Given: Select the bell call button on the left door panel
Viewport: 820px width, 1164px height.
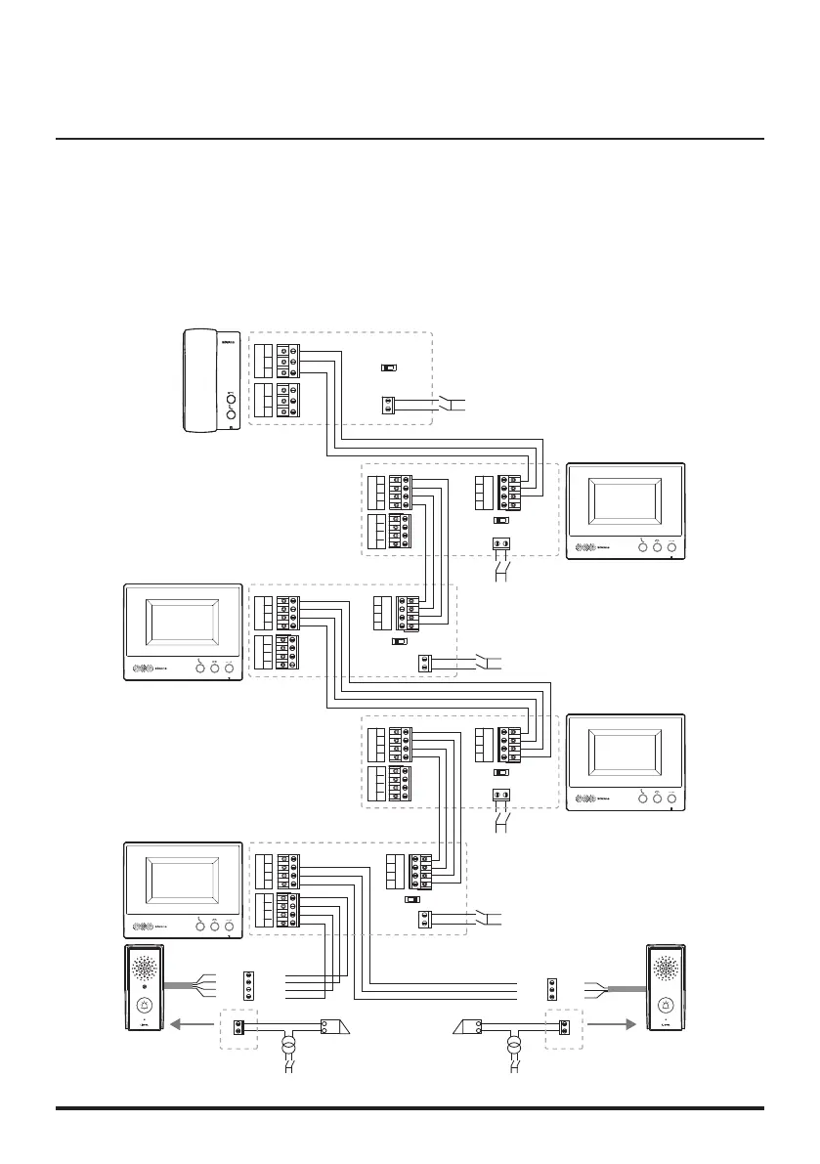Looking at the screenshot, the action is [144, 1004].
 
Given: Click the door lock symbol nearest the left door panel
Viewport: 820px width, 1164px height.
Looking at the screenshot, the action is [336, 1026].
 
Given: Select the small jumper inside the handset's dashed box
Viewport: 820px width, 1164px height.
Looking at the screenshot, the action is [388, 368].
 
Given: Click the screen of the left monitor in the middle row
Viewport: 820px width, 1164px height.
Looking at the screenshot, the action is [183, 628].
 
